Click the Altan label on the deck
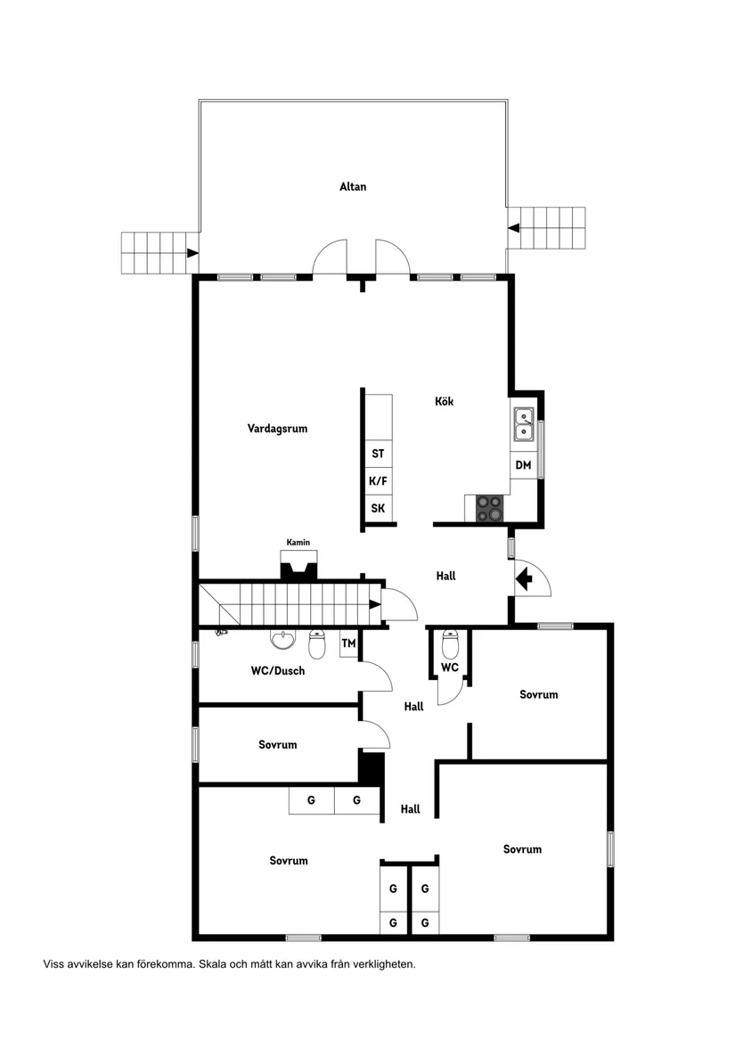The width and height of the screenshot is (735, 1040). tap(353, 187)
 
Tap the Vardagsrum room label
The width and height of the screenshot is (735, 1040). tap(277, 429)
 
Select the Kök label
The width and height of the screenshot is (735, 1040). tap(444, 402)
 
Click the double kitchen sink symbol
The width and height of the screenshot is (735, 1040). tap(523, 423)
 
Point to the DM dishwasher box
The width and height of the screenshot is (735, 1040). tap(523, 465)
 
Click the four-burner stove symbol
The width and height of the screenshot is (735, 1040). tap(488, 508)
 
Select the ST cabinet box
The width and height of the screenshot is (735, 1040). tap(378, 454)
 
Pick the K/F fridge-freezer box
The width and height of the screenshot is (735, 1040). tap(378, 481)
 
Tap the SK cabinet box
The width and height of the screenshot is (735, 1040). tap(378, 509)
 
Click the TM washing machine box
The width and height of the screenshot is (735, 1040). tap(348, 643)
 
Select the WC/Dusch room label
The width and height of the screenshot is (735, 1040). tap(277, 671)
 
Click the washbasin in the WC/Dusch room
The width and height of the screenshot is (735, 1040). tap(282, 640)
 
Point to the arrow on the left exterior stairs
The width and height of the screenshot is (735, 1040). tap(192, 253)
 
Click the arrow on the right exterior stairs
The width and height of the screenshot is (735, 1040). tap(513, 228)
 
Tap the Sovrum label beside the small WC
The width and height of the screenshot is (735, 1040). tap(538, 695)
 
